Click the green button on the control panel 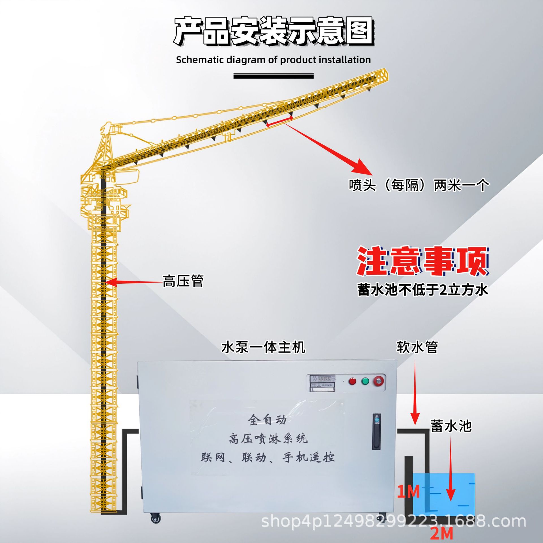365,381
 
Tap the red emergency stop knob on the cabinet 379,381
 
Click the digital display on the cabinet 322,378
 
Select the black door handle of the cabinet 376,431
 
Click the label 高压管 183,281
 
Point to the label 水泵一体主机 263,347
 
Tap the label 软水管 417,347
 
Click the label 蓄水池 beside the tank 451,426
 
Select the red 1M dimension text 408,492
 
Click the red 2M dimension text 441,534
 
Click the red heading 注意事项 423,261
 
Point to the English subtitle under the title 273,60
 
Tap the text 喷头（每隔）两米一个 419,186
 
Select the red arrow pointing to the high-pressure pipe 133,282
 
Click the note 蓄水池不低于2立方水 423,290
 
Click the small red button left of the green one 352,382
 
